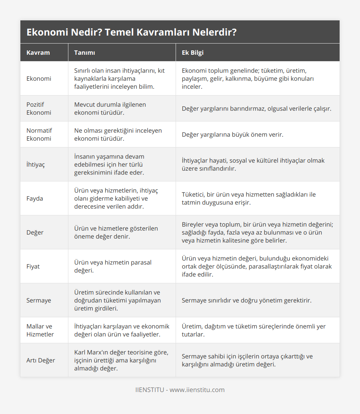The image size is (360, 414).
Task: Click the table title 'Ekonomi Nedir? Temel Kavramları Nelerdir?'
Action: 131,32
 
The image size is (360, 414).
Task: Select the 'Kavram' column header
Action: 38,53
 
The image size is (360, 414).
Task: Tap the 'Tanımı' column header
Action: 84,53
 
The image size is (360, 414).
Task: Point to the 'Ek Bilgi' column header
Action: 193,53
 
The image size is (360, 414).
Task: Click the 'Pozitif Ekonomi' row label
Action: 39,108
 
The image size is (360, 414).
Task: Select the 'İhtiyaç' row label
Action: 36,164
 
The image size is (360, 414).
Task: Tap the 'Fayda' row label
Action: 35,198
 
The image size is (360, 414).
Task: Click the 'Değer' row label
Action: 35,232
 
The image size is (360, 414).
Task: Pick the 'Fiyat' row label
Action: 33,266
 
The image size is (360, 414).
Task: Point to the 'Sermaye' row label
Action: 39,300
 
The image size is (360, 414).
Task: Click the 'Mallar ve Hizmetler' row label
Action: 40,330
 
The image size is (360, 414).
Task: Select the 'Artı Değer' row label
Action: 41,360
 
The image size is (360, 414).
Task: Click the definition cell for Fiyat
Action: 113,266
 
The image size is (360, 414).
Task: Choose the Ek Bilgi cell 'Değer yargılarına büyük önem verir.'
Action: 232,135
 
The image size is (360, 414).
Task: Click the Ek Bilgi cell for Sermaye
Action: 246,300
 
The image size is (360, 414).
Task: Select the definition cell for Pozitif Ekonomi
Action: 110,108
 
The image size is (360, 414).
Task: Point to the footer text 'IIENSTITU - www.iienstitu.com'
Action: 180,390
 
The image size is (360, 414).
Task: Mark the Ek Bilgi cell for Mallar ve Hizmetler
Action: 254,330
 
